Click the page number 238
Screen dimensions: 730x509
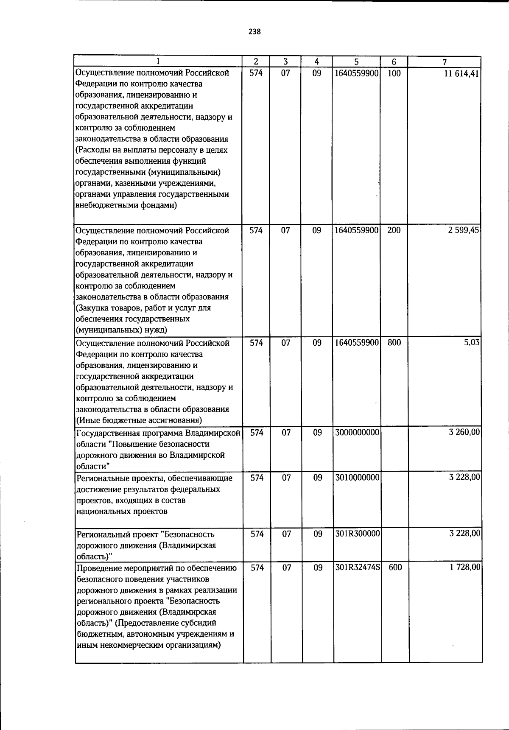click(255, 32)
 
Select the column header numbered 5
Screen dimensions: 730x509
click(357, 62)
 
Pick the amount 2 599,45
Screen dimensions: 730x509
click(464, 231)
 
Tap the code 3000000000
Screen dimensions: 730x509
click(357, 433)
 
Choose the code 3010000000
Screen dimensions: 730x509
click(357, 478)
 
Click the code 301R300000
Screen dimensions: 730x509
click(357, 534)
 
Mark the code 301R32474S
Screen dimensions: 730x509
click(357, 568)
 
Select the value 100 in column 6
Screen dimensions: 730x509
click(394, 73)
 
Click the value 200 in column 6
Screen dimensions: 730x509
click(394, 231)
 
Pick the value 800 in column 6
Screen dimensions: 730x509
click(394, 343)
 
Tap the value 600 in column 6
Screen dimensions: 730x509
click(395, 568)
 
